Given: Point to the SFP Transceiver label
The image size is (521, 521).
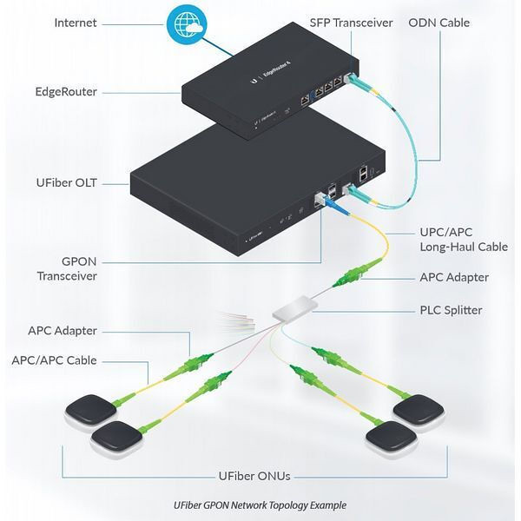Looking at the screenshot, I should click(x=351, y=22).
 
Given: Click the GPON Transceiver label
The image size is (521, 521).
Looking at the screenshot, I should click(x=67, y=267).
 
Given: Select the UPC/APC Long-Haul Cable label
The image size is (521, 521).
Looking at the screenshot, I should click(x=458, y=241).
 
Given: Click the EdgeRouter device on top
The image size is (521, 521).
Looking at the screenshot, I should click(x=260, y=87).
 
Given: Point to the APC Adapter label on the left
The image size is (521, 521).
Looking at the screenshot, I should click(x=63, y=330).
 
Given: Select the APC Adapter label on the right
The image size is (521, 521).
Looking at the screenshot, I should click(x=452, y=277).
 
